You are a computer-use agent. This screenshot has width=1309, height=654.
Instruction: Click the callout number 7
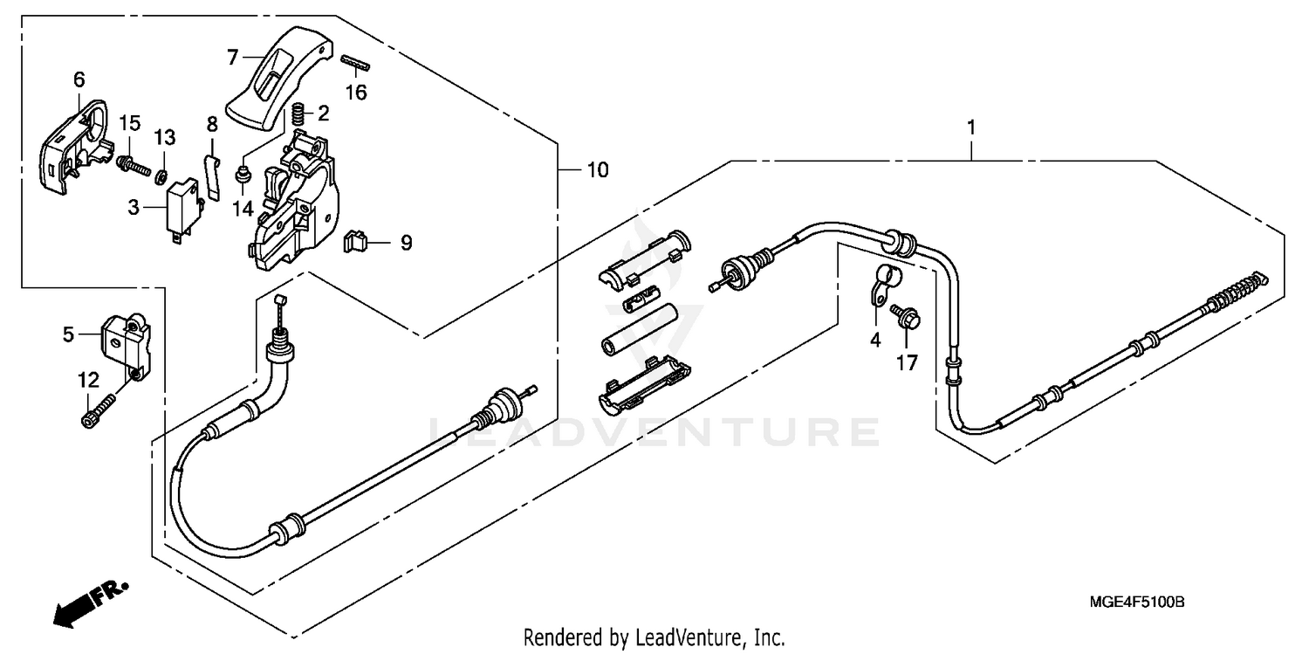[233, 59]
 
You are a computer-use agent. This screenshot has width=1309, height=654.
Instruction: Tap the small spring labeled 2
[298, 113]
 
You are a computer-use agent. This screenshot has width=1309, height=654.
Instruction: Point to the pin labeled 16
[356, 61]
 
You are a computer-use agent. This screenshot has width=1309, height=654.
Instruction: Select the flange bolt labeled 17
[902, 316]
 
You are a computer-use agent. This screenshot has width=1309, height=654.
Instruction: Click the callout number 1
[971, 127]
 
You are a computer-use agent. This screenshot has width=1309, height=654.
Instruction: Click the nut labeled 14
[244, 176]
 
